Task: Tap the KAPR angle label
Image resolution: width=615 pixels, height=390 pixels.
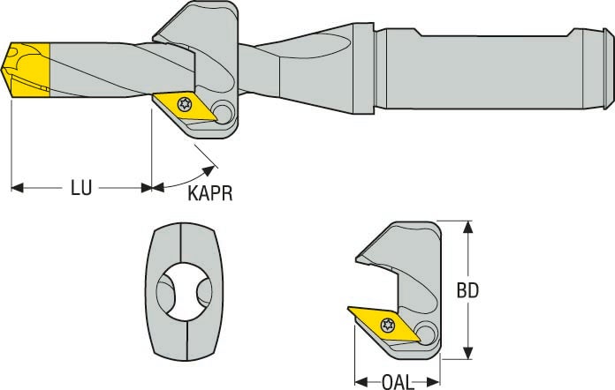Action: [210, 193]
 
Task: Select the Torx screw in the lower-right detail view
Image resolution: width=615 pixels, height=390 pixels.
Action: [386, 325]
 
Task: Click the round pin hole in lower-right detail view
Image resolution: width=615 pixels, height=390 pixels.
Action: [427, 334]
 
